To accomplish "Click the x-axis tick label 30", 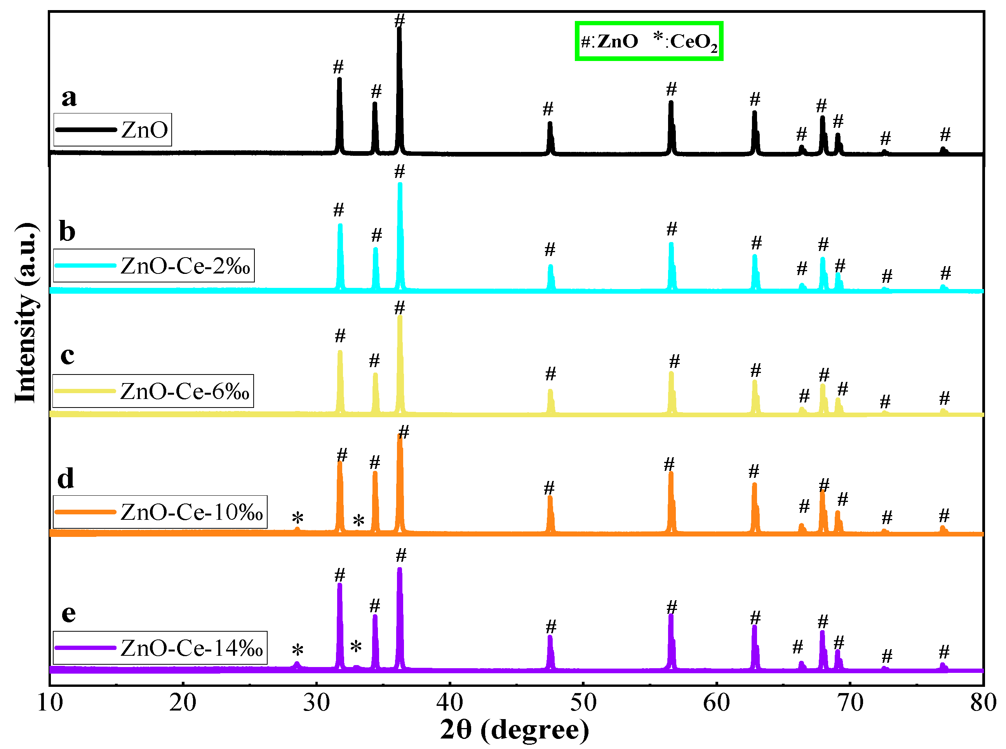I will coord(316,703).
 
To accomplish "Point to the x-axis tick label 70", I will coord(849,703).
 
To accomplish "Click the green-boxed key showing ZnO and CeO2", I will coord(648,41).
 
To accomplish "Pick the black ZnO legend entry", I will coord(112,130).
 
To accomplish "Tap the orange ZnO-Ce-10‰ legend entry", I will coord(160,512).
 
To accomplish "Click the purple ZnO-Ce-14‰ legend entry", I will coord(160,648).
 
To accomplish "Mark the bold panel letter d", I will coord(66,479).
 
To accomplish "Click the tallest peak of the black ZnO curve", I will coord(399,30).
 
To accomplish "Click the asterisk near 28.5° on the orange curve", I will coord(298,517).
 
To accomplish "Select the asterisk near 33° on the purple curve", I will coord(356,646).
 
